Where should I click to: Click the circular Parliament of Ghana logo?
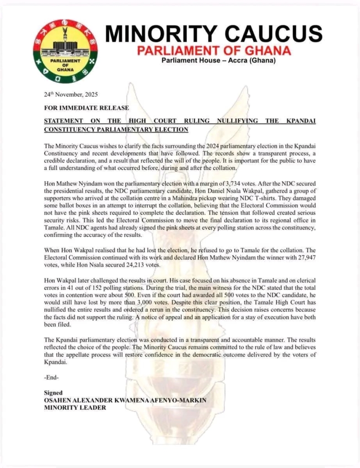(64, 51)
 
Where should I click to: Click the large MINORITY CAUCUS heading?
(214, 33)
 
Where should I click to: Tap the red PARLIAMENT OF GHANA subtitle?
(214, 50)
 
